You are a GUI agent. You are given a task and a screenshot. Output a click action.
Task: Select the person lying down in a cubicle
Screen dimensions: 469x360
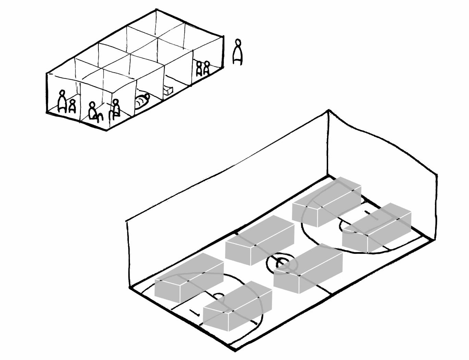click(x=142, y=101)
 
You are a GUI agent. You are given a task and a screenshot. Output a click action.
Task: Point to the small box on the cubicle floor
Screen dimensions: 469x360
click(x=168, y=90)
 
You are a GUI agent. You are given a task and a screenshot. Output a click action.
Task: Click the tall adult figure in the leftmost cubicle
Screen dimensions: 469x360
click(x=62, y=101)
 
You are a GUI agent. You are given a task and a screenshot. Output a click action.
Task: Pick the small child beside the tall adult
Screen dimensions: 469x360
click(x=72, y=106)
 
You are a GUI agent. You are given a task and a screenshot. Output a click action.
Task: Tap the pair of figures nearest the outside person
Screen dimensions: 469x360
click(x=203, y=68)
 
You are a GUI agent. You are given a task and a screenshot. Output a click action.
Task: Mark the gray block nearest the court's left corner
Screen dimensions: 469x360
click(x=189, y=278)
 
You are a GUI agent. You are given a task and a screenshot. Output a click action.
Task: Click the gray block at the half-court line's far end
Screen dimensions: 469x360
click(x=260, y=240)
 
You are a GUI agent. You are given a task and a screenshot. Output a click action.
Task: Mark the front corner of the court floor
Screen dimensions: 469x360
click(x=235, y=349)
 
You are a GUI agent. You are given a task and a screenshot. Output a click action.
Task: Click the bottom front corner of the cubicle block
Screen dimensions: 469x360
click(x=106, y=130)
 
